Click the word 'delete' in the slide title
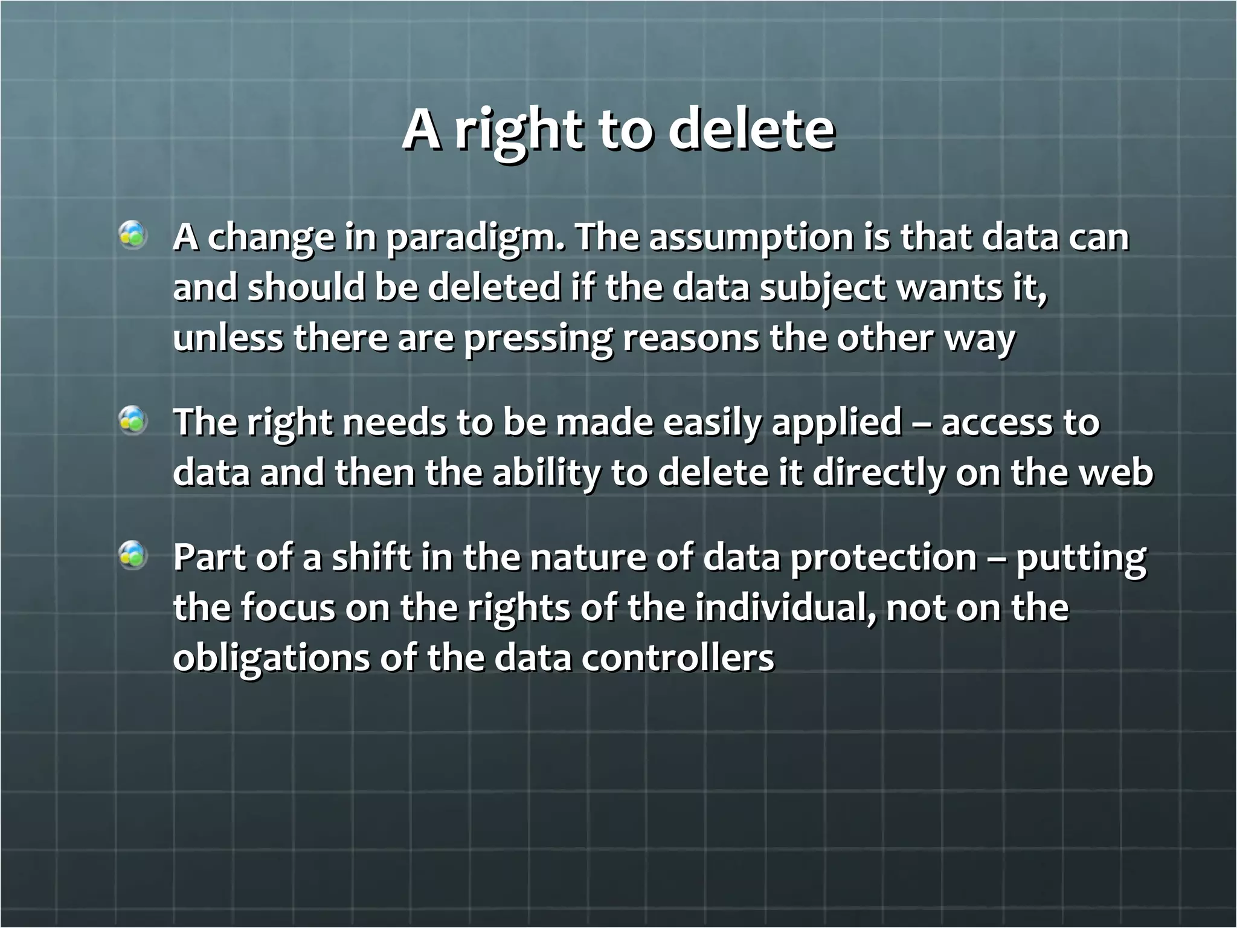(751, 130)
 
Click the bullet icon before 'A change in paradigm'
(133, 236)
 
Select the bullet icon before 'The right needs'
(133, 420)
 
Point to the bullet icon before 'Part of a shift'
(133, 556)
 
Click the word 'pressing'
(538, 338)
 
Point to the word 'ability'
(547, 473)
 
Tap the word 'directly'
(878, 473)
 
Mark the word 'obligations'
(271, 658)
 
